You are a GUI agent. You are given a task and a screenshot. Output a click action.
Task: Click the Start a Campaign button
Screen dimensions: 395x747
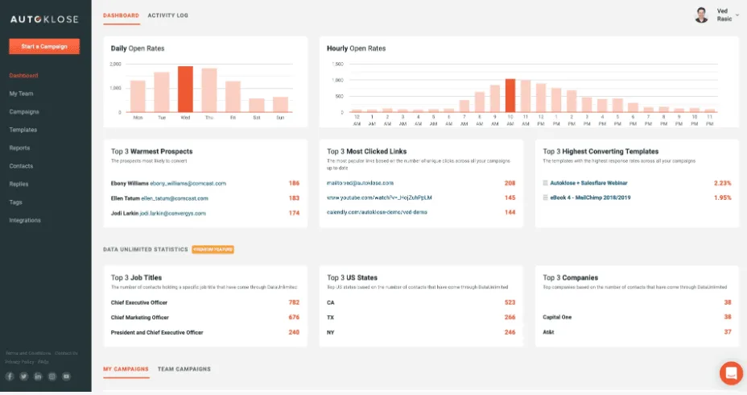point(44,47)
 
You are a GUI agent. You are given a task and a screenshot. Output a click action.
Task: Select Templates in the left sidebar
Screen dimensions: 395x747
point(23,130)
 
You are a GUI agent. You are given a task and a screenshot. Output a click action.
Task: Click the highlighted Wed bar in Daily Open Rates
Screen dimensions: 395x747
point(185,89)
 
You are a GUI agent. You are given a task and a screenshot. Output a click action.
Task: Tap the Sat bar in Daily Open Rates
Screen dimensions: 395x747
point(256,105)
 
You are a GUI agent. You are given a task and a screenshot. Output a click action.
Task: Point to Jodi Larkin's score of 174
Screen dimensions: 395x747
point(294,213)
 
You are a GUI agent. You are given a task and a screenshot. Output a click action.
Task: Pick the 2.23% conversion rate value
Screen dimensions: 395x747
point(722,183)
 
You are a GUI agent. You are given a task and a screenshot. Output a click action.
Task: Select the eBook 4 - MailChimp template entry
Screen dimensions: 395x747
point(588,197)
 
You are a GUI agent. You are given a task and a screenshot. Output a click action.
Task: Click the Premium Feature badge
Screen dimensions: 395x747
point(213,250)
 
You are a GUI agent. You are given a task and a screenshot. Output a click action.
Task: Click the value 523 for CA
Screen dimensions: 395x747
point(510,302)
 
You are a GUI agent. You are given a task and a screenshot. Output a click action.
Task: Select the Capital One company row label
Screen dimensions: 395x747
point(557,318)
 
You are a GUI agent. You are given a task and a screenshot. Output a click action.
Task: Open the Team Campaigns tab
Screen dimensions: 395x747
point(184,369)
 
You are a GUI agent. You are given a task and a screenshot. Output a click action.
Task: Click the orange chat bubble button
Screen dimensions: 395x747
point(731,372)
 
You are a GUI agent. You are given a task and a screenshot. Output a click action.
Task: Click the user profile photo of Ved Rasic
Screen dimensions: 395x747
point(701,15)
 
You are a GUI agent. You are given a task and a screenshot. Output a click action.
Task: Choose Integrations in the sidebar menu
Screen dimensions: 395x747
point(25,220)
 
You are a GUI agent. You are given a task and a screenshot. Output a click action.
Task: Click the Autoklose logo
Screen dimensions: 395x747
point(44,15)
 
